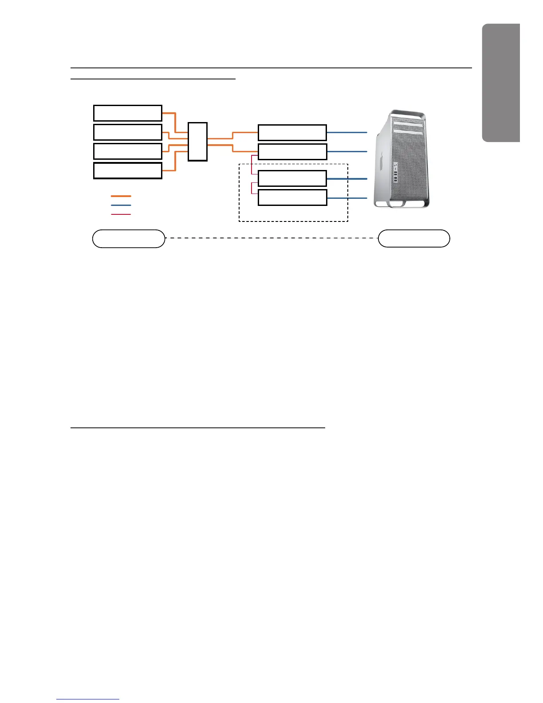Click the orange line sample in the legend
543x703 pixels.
121,196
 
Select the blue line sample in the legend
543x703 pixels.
121,205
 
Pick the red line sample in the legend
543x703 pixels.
121,214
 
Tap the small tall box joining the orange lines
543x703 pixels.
197,142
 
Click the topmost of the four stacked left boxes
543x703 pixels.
127,113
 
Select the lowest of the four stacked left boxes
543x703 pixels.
127,170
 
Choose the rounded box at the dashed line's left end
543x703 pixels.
129,239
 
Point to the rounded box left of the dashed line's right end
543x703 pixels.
414,238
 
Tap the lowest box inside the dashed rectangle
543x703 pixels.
292,197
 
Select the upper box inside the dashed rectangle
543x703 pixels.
292,178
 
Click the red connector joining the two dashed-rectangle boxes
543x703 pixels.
252,188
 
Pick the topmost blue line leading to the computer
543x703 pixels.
347,132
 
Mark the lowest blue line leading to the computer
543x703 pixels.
347,197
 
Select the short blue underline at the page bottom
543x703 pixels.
88,699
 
